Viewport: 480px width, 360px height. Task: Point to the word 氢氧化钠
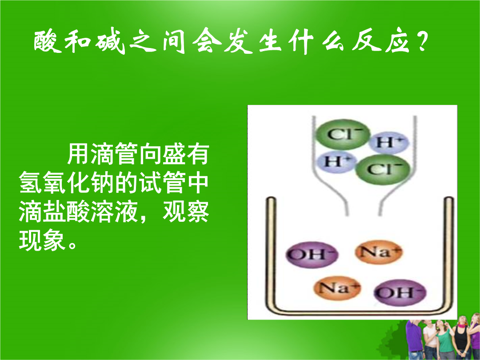click(67, 183)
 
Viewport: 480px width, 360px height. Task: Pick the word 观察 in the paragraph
click(186, 212)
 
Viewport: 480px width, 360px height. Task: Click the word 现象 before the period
click(43, 240)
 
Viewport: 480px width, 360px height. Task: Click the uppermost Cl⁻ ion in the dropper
click(343, 134)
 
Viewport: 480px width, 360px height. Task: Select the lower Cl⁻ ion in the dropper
click(383, 169)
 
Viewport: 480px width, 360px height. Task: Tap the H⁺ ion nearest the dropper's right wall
click(388, 142)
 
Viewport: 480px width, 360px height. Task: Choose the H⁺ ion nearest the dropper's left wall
click(336, 161)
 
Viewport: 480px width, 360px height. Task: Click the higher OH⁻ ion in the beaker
click(312, 254)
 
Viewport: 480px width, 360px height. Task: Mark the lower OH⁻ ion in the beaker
click(400, 292)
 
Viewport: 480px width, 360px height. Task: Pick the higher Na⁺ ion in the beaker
click(379, 252)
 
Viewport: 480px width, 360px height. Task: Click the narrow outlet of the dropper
click(364, 211)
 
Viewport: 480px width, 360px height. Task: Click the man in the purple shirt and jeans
click(415, 340)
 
